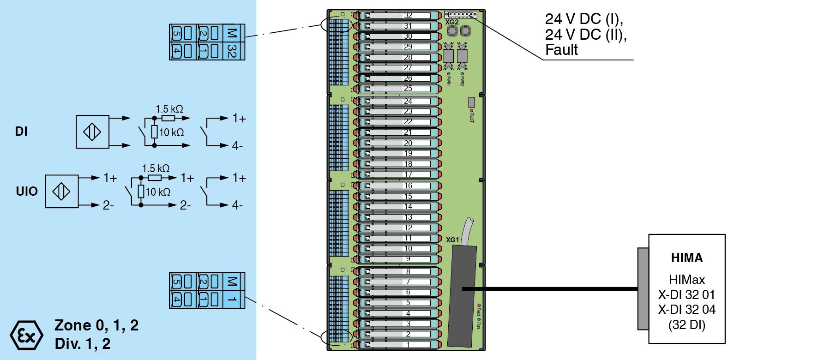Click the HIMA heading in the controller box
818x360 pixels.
tap(686, 258)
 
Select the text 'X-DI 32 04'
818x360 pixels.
tap(686, 310)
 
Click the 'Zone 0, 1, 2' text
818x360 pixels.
tap(96, 325)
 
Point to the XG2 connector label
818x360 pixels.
tap(452, 22)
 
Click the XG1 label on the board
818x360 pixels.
tap(452, 240)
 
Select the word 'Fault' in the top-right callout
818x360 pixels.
tap(561, 50)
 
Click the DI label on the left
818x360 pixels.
tap(21, 132)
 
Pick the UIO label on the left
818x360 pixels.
tap(26, 192)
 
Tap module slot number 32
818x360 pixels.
tap(408, 16)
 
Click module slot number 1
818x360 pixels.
tap(408, 345)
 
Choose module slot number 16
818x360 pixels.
tap(408, 186)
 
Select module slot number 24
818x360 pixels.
tap(408, 101)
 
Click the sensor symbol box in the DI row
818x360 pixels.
tap(92, 132)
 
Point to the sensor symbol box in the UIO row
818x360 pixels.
tap(61, 192)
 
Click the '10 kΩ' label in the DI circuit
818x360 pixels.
tap(171, 133)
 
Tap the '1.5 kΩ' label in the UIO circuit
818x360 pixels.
tap(156, 169)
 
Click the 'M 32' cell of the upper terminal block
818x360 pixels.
tap(233, 42)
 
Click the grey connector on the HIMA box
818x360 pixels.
tap(643, 288)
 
